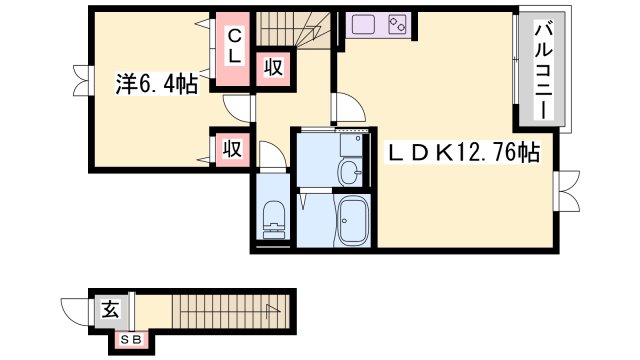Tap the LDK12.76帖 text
pos(464,152)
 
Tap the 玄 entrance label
pos(109,309)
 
